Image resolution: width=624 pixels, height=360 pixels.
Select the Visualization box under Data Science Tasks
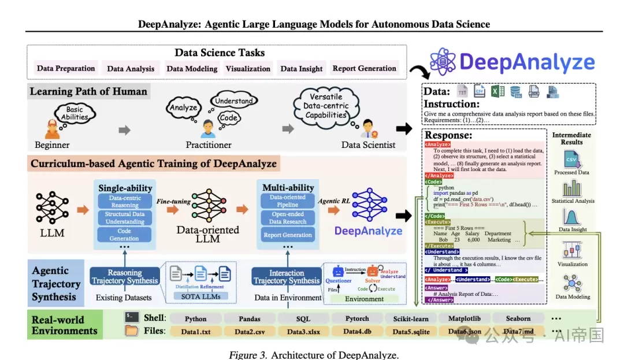point(248,68)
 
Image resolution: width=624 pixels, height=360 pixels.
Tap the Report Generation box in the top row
point(365,68)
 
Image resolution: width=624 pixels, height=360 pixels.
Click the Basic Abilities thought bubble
point(75,113)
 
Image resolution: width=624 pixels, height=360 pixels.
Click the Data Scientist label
point(369,144)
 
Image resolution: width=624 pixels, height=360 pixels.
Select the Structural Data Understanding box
point(125,218)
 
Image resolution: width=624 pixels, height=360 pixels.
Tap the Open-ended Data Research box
point(288,217)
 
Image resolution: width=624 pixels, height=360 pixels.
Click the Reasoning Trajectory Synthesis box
point(125,277)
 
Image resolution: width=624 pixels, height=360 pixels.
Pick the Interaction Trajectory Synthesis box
point(287,277)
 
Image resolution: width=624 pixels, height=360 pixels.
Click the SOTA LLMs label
point(200,296)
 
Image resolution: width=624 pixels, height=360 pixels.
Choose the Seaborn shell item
point(518,318)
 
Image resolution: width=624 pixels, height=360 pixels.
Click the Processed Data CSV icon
point(571,159)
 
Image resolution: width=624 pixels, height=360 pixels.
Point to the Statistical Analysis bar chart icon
point(571,187)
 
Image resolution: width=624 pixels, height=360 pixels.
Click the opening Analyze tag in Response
point(438,144)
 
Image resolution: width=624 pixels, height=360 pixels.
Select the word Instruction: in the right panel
point(452,104)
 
